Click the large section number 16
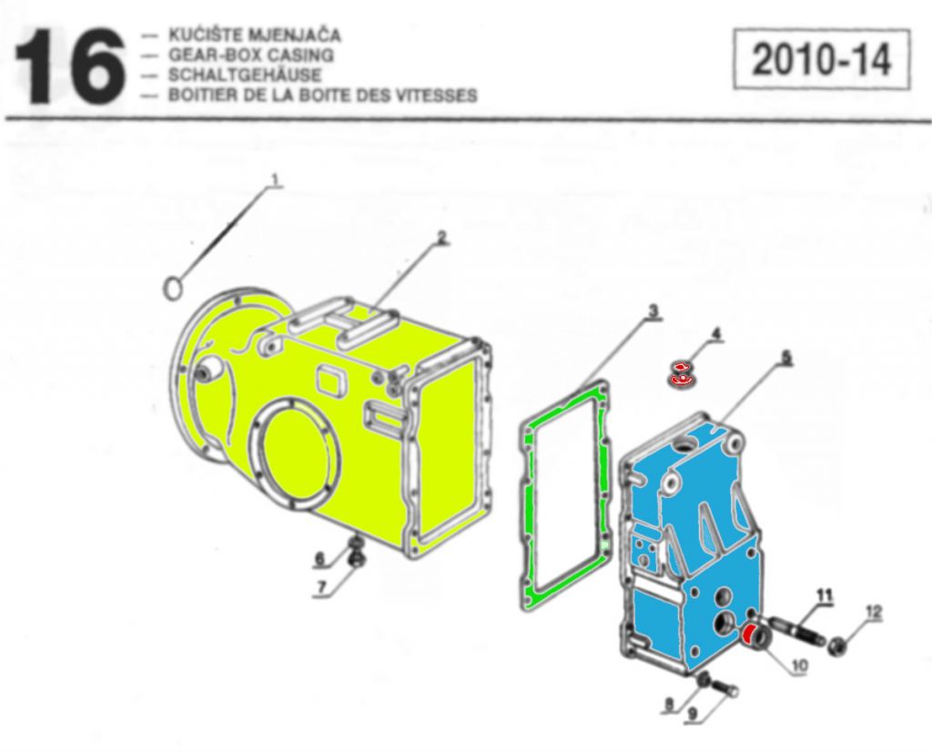(69, 66)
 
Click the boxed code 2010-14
(822, 59)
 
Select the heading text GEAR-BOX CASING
(251, 56)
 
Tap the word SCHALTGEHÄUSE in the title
(245, 75)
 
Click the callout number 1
(275, 179)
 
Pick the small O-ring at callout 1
(172, 290)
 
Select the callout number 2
(441, 238)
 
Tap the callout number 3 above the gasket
(653, 310)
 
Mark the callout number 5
(786, 357)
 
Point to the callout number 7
(321, 587)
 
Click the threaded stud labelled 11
(796, 631)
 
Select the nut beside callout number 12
(837, 644)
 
